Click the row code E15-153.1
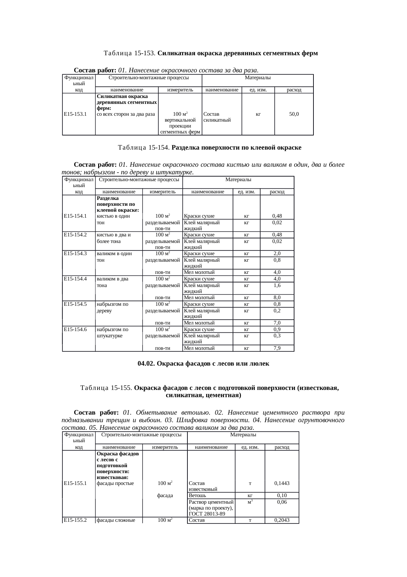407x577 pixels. [75, 114]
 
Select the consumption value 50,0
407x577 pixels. [294, 114]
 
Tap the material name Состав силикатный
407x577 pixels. [217, 117]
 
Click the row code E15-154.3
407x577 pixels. [75, 253]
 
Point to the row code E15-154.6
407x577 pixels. [75, 329]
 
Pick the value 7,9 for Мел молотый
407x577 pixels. [277, 348]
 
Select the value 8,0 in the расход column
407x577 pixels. [277, 298]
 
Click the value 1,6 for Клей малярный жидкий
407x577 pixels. [277, 285]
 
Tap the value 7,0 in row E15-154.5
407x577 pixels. [277, 323]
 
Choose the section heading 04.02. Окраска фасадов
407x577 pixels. [203, 364]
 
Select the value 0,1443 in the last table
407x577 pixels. [282, 483]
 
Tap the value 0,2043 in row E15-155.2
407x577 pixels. [282, 520]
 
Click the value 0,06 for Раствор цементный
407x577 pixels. [282, 502]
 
